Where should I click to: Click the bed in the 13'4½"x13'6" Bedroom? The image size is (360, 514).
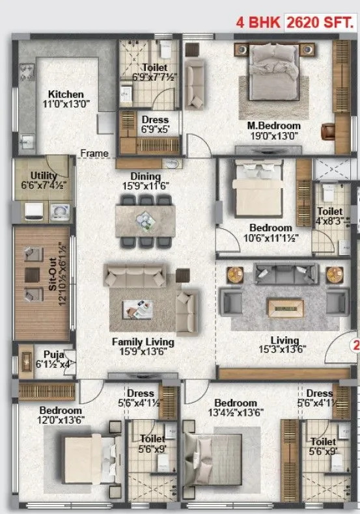point(218,454)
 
